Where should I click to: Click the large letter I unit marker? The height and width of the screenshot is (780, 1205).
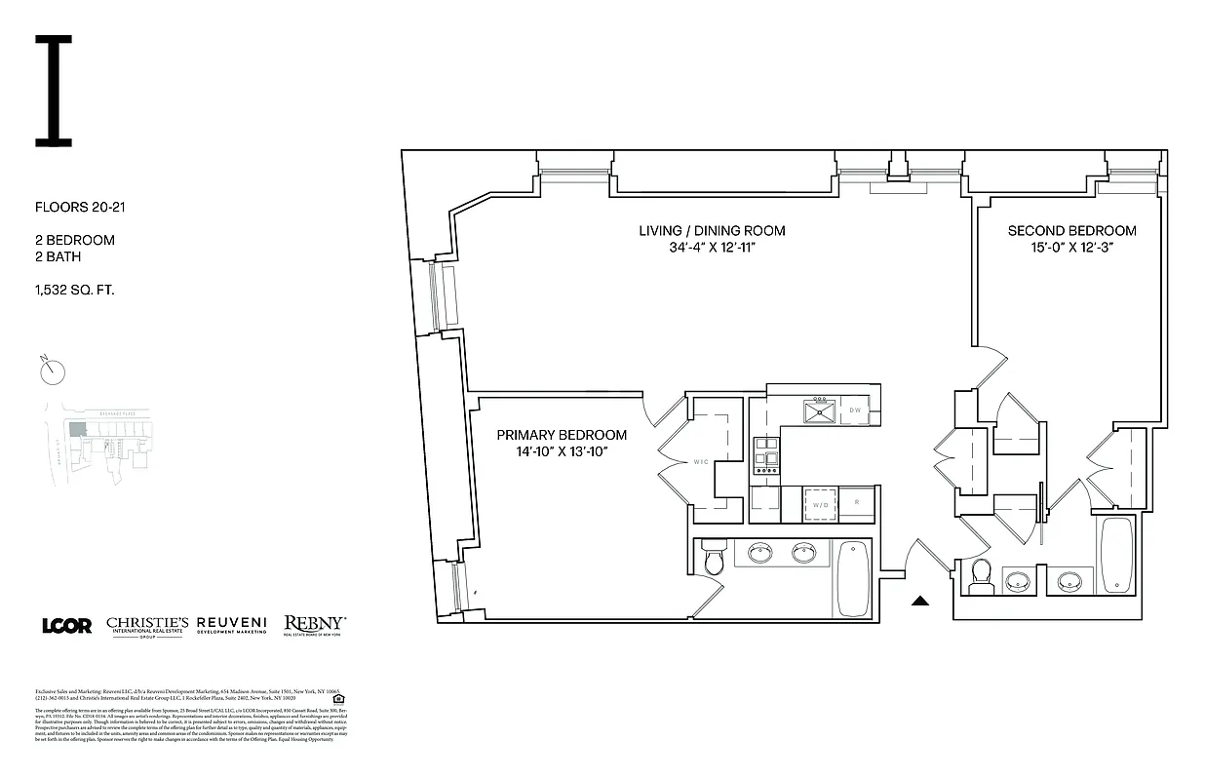(54, 91)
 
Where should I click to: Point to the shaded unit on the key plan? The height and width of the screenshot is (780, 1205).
(75, 428)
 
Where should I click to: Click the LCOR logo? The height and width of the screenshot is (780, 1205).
(66, 626)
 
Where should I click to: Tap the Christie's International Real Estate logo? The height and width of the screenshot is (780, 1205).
(146, 626)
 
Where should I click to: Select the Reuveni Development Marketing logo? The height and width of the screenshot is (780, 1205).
(232, 625)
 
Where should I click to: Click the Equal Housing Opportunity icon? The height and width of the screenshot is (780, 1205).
(338, 698)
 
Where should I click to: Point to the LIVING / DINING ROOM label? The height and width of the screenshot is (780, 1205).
(712, 231)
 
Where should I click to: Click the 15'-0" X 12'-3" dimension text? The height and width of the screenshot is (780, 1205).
(1071, 248)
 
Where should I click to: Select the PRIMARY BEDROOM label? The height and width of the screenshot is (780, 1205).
(562, 435)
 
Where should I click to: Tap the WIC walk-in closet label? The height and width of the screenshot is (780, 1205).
(700, 463)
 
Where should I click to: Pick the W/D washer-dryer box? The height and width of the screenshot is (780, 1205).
(819, 505)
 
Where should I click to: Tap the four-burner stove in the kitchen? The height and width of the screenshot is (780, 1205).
(766, 455)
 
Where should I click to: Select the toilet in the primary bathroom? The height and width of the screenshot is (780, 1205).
(714, 560)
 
